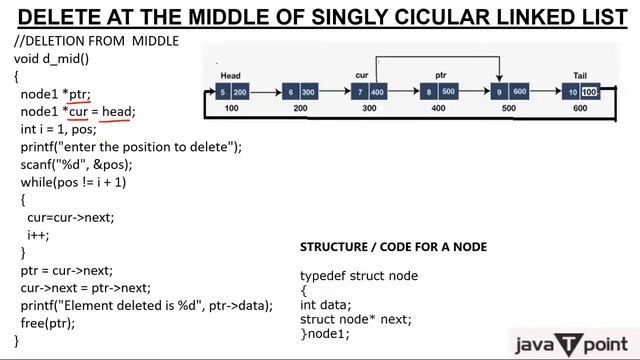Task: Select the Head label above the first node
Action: click(x=231, y=76)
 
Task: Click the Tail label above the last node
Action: click(x=580, y=76)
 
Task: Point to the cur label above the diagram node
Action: click(x=362, y=76)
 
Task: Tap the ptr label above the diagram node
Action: click(x=440, y=76)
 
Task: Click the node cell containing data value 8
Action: click(x=430, y=92)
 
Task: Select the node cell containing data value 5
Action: click(x=222, y=92)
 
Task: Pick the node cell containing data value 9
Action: click(x=499, y=92)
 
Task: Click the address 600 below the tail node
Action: click(x=581, y=108)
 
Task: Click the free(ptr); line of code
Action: click(x=47, y=323)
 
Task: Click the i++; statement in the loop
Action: click(x=39, y=235)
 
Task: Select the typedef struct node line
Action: click(x=359, y=275)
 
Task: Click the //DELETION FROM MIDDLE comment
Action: click(x=96, y=40)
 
